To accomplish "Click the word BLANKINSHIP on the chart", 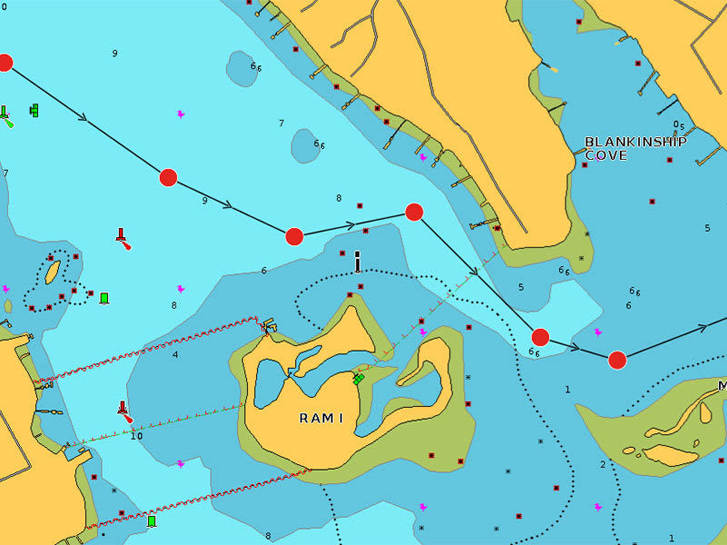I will pyautogui.click(x=635, y=142).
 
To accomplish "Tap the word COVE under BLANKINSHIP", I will pyautogui.click(x=605, y=155).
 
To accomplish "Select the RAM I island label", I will pyautogui.click(x=321, y=418).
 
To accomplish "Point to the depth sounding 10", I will pyautogui.click(x=136, y=436).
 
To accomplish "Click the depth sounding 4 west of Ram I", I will pyautogui.click(x=175, y=354).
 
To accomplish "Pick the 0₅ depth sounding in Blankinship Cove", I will pyautogui.click(x=679, y=125).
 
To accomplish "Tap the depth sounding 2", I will pyautogui.click(x=602, y=465).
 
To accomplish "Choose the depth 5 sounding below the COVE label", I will pyautogui.click(x=707, y=228).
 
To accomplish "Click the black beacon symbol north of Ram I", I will pyautogui.click(x=358, y=262).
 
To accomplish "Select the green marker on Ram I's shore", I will pyautogui.click(x=358, y=378).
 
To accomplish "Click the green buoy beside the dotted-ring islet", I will pyautogui.click(x=104, y=298).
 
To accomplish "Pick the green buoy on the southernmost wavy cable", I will pyautogui.click(x=152, y=520).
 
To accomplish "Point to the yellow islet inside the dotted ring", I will pyautogui.click(x=53, y=272).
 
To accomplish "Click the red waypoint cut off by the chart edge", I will pyautogui.click(x=5, y=63).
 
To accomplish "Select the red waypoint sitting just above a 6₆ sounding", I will pyautogui.click(x=540, y=337).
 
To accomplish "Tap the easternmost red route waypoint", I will pyautogui.click(x=617, y=360).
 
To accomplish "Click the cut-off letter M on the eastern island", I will pyautogui.click(x=722, y=386).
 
